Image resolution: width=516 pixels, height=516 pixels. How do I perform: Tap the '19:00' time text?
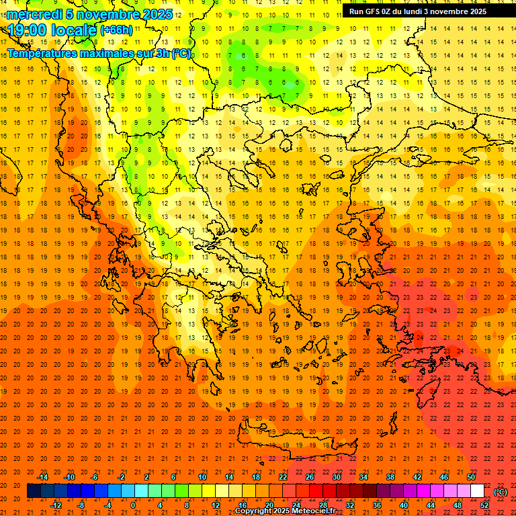coord(28,30)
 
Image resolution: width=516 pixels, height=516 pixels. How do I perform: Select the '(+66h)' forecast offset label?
coord(116,30)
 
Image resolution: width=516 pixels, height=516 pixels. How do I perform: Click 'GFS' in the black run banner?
coord(372,11)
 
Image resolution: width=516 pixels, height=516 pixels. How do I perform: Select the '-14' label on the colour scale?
coord(42,477)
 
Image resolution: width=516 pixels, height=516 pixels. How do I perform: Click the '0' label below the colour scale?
coord(132,505)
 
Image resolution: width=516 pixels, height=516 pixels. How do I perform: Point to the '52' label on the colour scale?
coord(484,505)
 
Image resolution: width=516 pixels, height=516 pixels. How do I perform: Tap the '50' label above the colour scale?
coord(471,477)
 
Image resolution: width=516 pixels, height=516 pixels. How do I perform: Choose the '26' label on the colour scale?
coord(310,477)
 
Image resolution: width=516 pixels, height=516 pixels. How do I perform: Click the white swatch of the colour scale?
coord(478,491)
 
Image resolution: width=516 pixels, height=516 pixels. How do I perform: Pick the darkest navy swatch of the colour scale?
coord(34,491)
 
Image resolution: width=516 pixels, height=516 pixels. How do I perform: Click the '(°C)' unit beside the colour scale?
coord(501,491)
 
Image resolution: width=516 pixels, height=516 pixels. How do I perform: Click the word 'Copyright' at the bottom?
coord(254,511)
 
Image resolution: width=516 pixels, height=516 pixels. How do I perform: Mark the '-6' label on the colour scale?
coord(95,477)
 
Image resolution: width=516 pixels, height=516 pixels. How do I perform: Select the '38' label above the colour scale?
coord(390,477)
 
